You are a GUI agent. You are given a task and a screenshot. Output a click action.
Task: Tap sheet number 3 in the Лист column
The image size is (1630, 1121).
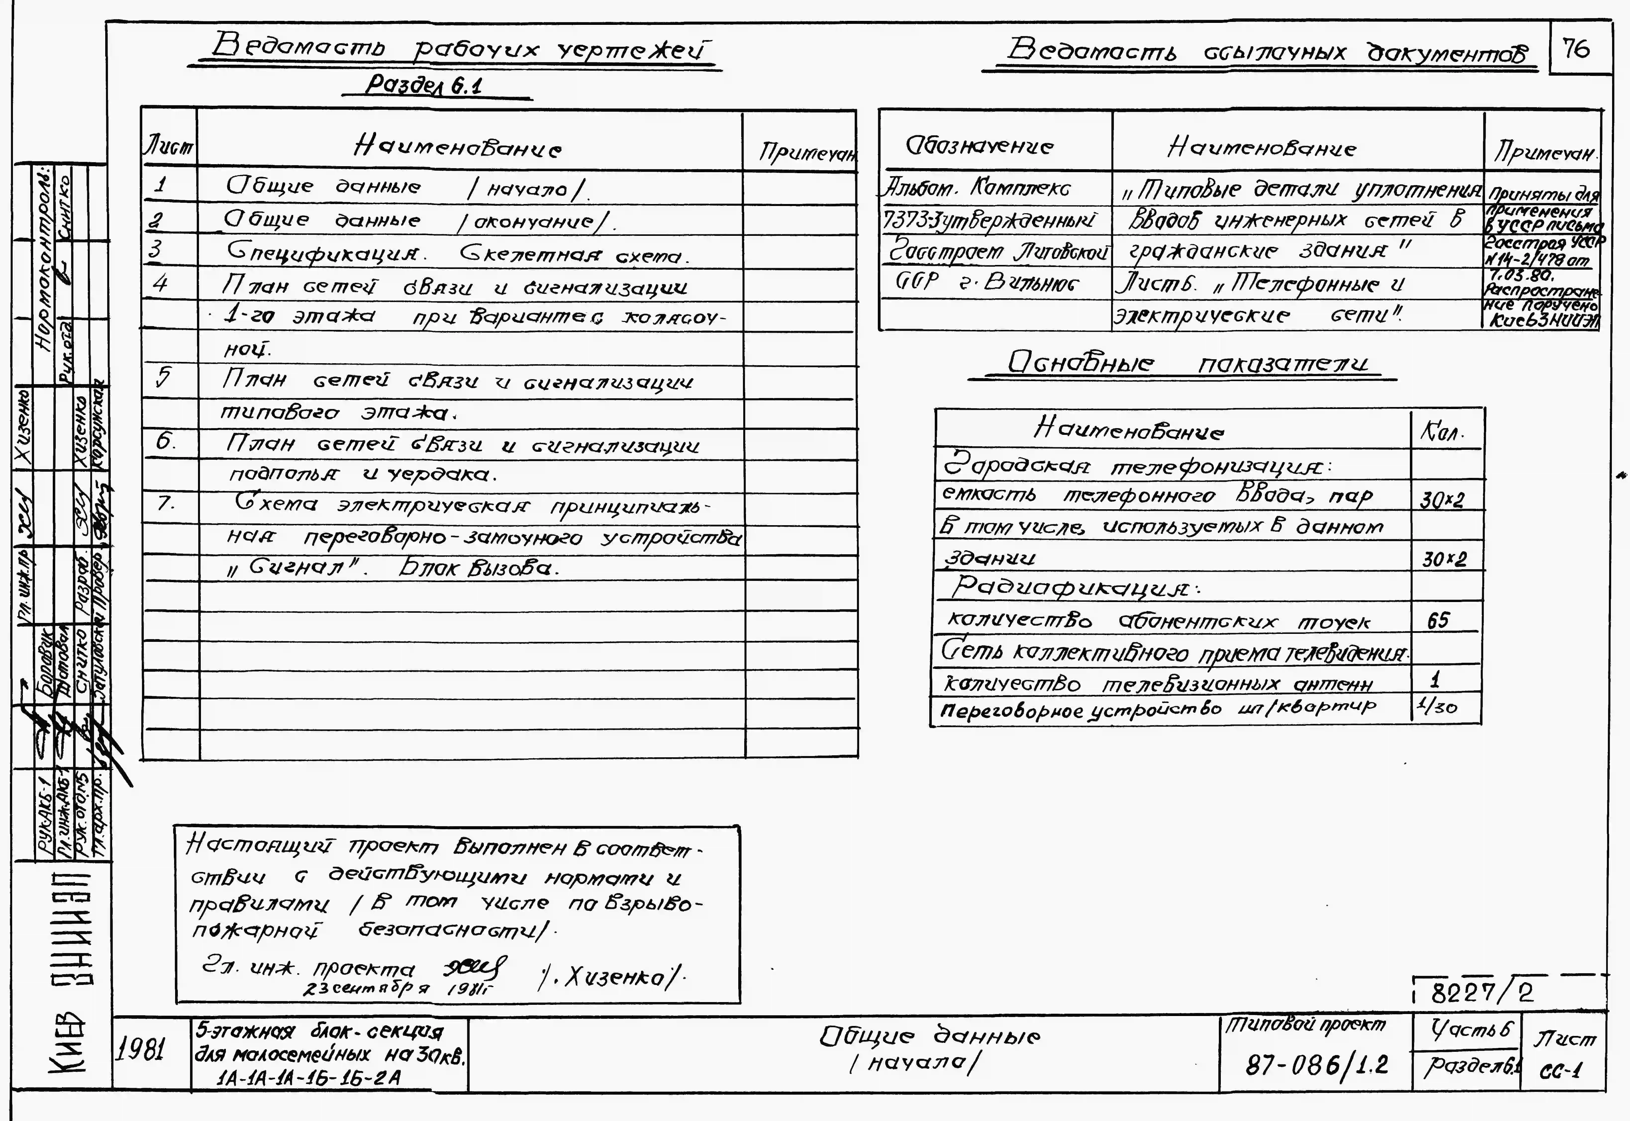click(x=156, y=249)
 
